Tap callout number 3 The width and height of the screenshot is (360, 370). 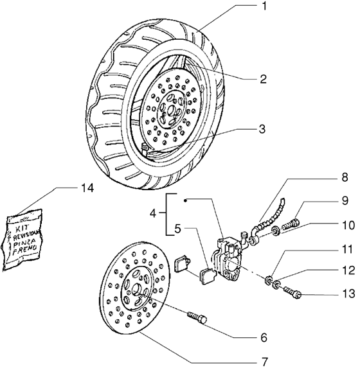(x=263, y=129)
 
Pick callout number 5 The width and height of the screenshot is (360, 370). (x=177, y=228)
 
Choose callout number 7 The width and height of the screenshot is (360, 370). (x=263, y=361)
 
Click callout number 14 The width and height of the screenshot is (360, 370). (x=87, y=188)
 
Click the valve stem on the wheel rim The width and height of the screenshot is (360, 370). (x=147, y=150)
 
